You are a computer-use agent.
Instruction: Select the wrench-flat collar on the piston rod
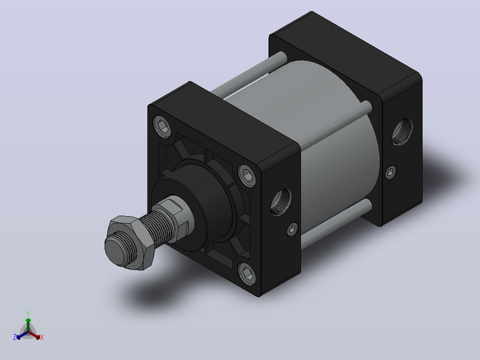(x=176, y=217)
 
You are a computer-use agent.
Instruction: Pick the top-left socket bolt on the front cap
(x=162, y=126)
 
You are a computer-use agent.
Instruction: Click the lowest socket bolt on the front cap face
(x=248, y=274)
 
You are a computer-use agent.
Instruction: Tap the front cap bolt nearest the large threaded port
(x=248, y=176)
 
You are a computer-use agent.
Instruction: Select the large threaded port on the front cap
(x=281, y=202)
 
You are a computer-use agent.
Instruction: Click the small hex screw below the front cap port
(x=293, y=229)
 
